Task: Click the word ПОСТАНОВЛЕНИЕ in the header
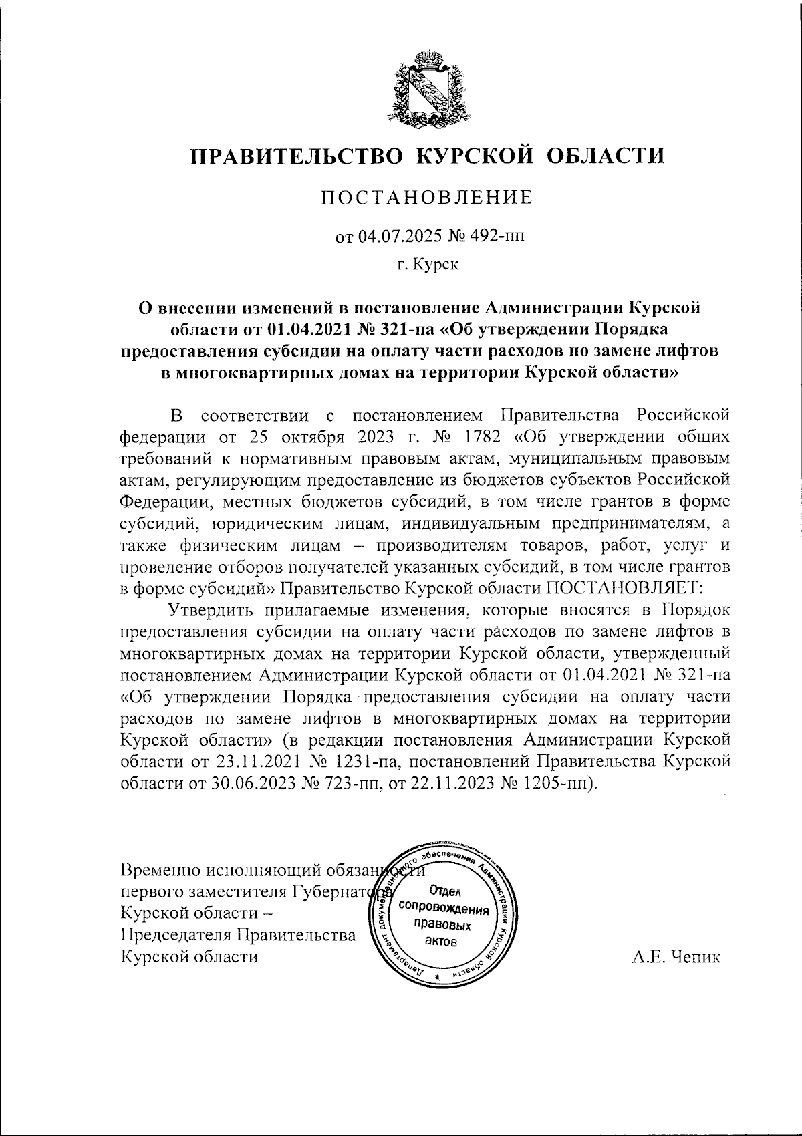(427, 198)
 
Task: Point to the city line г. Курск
(427, 266)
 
